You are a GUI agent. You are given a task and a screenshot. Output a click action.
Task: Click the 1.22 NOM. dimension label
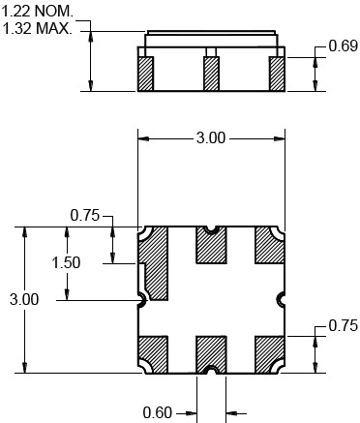(x=38, y=12)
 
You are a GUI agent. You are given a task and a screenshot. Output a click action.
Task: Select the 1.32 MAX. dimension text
(x=38, y=28)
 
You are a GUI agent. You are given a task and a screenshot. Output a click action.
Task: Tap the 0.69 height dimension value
(x=344, y=46)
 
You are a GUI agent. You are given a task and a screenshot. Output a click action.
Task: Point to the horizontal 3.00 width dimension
(x=211, y=138)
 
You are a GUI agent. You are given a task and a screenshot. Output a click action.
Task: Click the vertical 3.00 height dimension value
(x=24, y=299)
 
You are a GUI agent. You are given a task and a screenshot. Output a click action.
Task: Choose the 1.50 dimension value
(x=66, y=262)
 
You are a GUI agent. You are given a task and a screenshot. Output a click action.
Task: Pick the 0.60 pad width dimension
(x=158, y=412)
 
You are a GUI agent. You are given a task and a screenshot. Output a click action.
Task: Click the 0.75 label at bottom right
(x=344, y=325)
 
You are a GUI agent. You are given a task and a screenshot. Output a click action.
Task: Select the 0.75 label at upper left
(x=85, y=216)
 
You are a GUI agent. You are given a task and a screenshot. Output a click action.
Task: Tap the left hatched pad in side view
(x=145, y=74)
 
